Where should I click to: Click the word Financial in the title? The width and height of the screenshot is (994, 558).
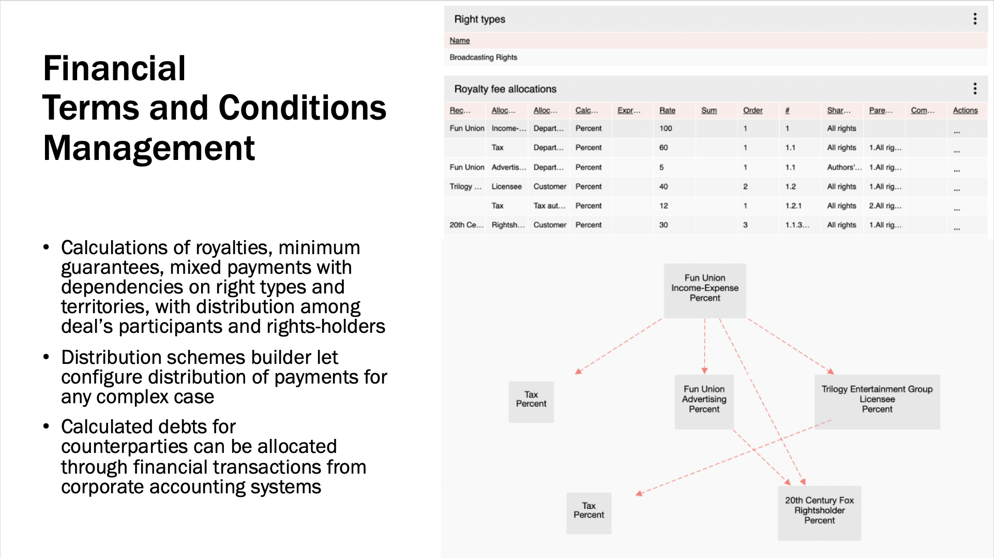(x=114, y=68)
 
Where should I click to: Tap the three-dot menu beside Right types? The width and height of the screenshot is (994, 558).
(x=975, y=19)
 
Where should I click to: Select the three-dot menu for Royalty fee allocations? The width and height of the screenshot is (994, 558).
(x=975, y=89)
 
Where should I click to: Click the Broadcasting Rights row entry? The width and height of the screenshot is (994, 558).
(x=483, y=57)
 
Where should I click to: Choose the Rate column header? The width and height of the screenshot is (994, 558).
(x=667, y=110)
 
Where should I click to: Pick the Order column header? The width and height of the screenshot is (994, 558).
(x=752, y=110)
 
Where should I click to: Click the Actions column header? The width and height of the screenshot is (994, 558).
(x=965, y=110)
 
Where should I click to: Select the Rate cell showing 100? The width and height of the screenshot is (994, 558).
(x=666, y=128)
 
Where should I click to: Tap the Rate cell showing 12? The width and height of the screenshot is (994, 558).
(x=664, y=205)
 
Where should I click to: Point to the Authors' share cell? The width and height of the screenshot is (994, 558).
(x=844, y=167)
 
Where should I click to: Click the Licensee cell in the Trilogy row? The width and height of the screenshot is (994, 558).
(x=506, y=186)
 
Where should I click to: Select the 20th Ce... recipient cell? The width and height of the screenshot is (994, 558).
(x=466, y=225)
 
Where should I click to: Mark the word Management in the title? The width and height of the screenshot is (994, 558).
(x=149, y=149)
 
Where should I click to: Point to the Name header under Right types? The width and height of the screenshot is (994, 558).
(x=459, y=40)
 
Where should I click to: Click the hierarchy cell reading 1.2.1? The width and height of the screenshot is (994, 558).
(x=793, y=205)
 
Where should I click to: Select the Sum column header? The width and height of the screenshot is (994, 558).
(x=709, y=110)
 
